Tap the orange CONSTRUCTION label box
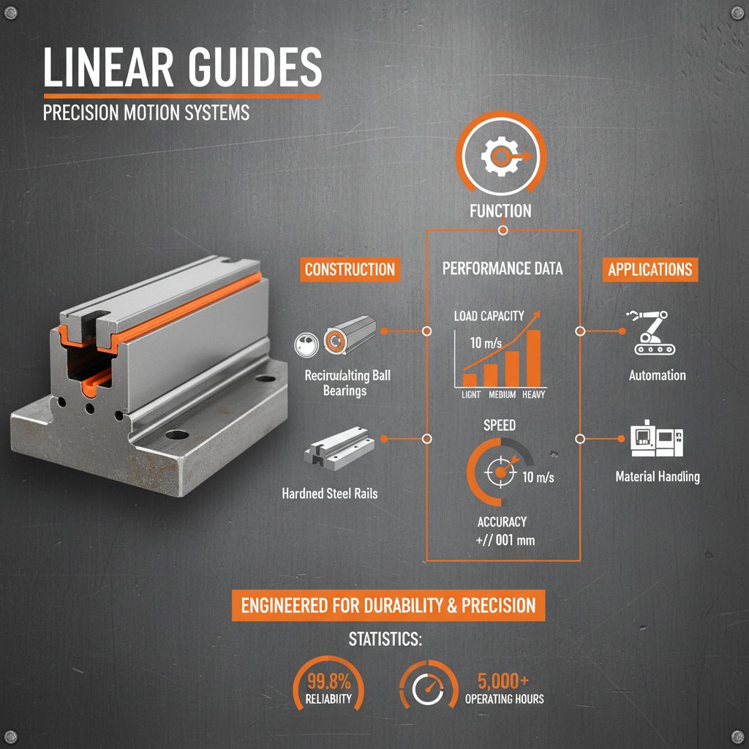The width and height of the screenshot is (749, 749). pyautogui.click(x=350, y=269)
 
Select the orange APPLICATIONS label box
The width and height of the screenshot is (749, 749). pyautogui.click(x=650, y=269)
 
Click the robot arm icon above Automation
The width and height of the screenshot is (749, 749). pyautogui.click(x=652, y=333)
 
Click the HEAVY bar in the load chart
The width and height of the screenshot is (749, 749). pyautogui.click(x=533, y=358)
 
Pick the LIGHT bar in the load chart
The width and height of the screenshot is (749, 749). pyautogui.click(x=470, y=380)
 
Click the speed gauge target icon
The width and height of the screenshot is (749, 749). pyautogui.click(x=500, y=473)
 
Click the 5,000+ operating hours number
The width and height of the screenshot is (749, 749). pyautogui.click(x=505, y=680)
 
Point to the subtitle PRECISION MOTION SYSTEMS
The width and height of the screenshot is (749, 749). pyautogui.click(x=146, y=113)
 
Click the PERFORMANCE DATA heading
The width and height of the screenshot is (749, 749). pyautogui.click(x=503, y=269)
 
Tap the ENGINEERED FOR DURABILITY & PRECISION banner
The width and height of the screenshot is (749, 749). pyautogui.click(x=388, y=606)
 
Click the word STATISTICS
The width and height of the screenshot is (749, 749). pyautogui.click(x=385, y=639)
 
